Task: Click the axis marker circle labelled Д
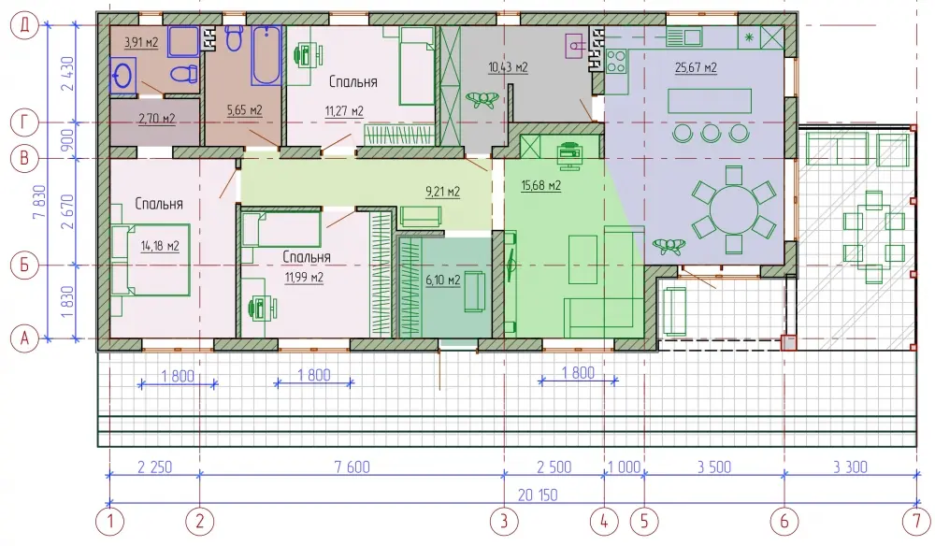click(24, 25)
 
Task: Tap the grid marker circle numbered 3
click(504, 522)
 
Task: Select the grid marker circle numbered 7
click(916, 522)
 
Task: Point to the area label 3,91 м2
click(141, 42)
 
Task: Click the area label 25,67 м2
click(696, 67)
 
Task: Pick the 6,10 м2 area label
click(443, 280)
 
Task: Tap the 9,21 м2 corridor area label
click(442, 192)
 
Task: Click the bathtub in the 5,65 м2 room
click(266, 55)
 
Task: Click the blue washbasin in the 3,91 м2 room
click(123, 76)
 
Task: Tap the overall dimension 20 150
click(538, 495)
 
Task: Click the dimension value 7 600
click(352, 467)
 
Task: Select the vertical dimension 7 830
click(40, 203)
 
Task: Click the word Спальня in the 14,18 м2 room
click(159, 204)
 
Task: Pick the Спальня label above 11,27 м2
click(353, 81)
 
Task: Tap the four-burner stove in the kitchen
click(616, 61)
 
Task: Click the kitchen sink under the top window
click(683, 37)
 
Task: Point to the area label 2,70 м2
click(157, 119)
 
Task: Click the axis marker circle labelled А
click(24, 338)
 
